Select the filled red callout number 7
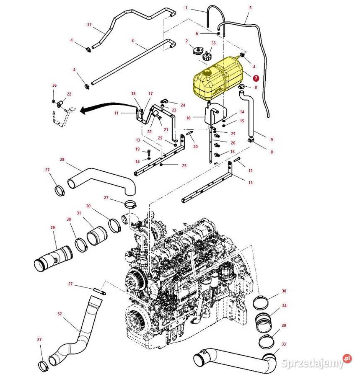(256, 77)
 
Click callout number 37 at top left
(89, 25)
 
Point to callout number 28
(62, 160)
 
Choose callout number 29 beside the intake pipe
(53, 227)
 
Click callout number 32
(60, 314)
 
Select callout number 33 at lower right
(284, 344)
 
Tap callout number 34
(285, 305)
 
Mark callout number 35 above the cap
(213, 43)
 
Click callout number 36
(54, 85)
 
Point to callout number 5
(251, 8)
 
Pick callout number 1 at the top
(186, 8)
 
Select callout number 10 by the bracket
(189, 118)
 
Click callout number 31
(79, 213)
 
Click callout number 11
(117, 113)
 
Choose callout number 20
(195, 147)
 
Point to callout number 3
(132, 41)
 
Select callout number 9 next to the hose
(272, 139)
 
